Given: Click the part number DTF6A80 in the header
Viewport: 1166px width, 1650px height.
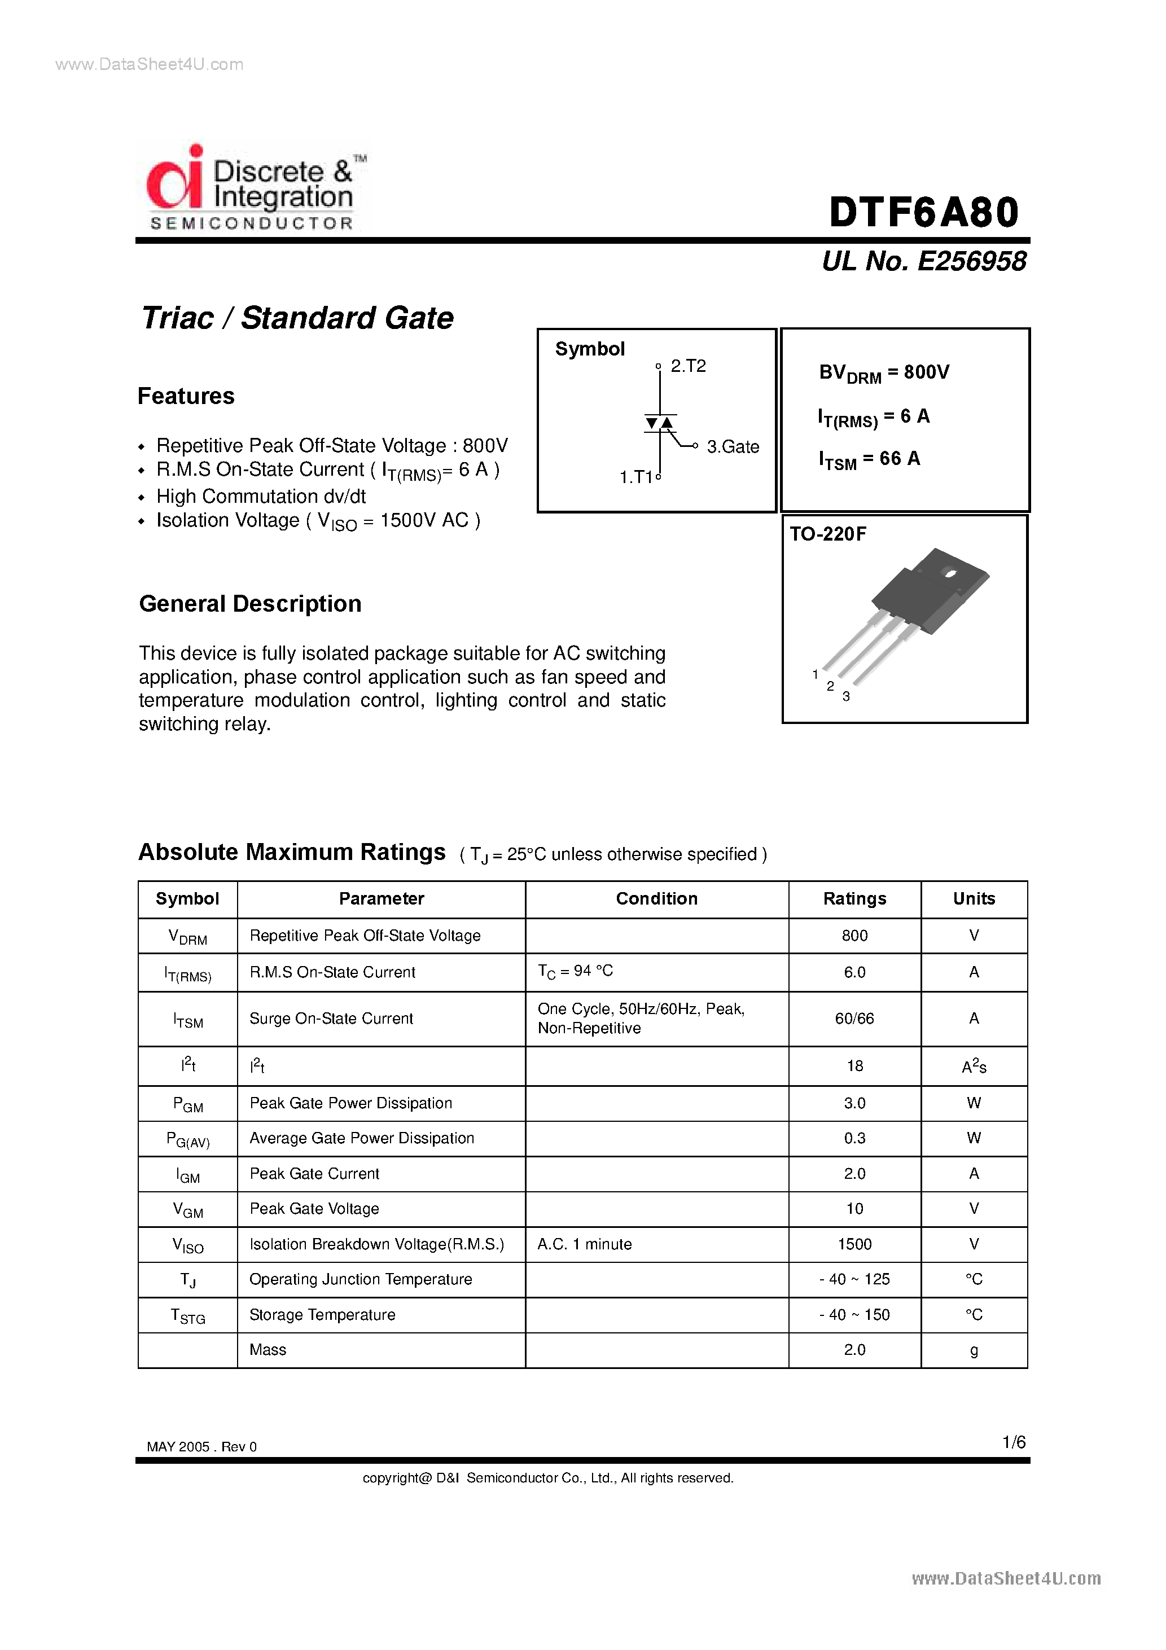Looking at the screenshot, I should [924, 213].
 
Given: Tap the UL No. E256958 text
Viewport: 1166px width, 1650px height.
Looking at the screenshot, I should [924, 261].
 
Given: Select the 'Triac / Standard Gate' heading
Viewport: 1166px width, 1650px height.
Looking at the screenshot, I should [297, 318].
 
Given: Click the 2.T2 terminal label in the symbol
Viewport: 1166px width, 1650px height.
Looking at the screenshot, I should [687, 366].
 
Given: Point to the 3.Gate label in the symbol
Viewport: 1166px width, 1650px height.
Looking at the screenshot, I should [732, 446].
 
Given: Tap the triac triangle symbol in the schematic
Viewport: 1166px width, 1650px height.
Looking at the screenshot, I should [659, 423].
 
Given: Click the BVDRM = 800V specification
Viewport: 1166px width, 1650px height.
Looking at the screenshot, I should [883, 372].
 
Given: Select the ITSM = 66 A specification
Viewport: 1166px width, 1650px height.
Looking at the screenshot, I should [869, 459].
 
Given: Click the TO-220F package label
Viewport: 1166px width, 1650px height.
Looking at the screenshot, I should [827, 534].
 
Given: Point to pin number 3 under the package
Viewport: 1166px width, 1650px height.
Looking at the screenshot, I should [846, 696].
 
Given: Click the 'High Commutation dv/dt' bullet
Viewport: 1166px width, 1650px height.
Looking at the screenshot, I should [261, 497].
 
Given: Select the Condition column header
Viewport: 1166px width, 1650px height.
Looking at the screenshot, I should [656, 898].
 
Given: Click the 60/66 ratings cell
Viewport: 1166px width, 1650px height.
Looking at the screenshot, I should [854, 1019].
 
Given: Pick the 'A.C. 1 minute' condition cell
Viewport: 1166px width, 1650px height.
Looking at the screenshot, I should [585, 1244].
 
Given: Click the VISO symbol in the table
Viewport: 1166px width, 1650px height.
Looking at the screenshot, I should [187, 1245].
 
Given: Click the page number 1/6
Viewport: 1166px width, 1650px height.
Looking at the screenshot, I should [1014, 1442].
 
